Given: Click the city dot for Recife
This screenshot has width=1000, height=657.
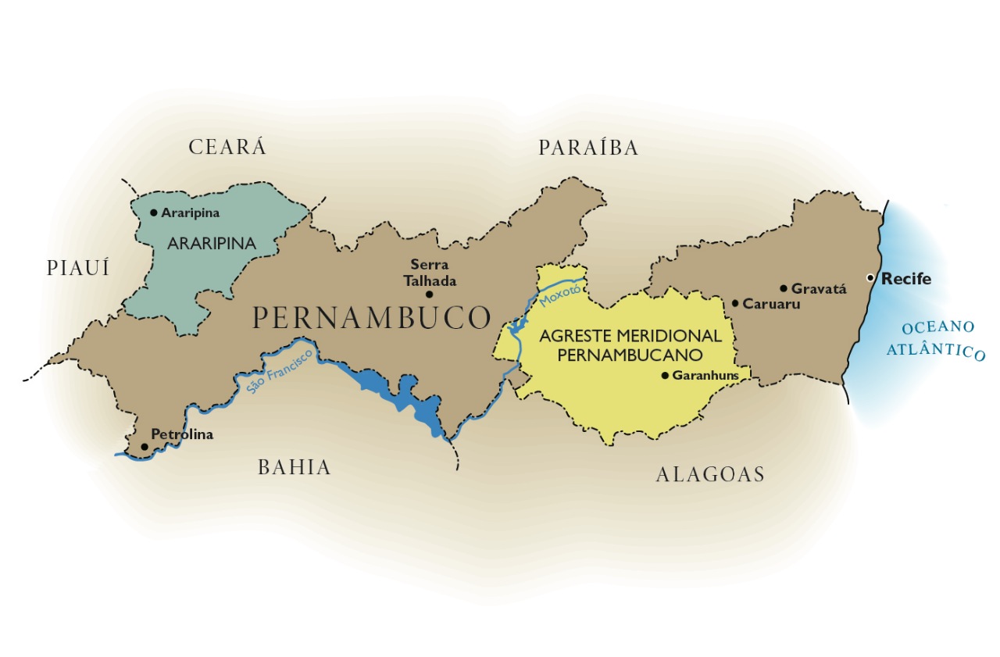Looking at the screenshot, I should point(871,278).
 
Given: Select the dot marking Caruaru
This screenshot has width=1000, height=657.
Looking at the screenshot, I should point(735,303).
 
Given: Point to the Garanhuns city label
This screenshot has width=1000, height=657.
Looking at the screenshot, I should point(705,375).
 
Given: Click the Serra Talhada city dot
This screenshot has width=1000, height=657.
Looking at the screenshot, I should point(429,295).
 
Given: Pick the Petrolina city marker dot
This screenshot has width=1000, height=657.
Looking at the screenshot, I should point(144,446).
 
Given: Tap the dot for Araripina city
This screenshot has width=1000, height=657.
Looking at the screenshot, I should point(154,212).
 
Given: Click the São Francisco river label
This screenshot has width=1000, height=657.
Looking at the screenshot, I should point(280,370).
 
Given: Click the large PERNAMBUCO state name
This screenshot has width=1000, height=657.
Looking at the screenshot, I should point(372,318).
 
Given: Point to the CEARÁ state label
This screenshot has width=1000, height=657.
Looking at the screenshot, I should point(227,147).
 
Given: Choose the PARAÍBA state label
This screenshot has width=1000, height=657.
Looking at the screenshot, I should point(588,148).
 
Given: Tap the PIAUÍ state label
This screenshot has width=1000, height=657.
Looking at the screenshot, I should point(78,269).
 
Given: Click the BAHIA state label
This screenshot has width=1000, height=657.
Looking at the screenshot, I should point(295,468).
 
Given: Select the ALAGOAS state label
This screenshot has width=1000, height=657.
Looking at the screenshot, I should point(709,474).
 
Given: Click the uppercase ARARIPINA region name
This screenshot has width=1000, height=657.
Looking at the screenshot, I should point(212,244).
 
